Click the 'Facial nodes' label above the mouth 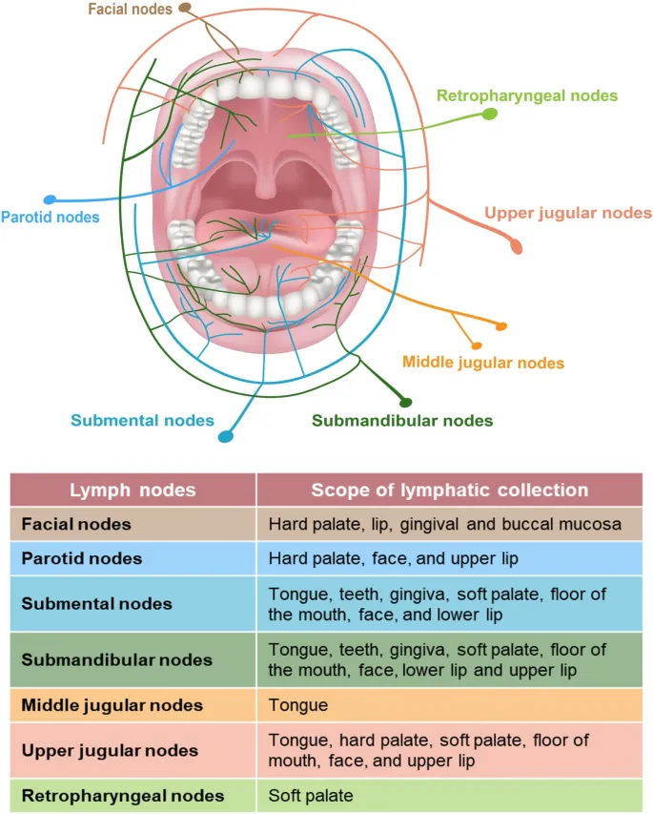click(130, 10)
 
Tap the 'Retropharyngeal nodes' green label click(526, 95)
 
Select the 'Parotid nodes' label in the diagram click(50, 218)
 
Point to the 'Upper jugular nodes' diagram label click(568, 213)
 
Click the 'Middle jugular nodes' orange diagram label click(483, 363)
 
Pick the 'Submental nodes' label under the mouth click(142, 421)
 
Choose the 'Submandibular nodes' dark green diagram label click(402, 421)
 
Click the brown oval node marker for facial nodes click(184, 9)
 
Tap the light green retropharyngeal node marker click(489, 115)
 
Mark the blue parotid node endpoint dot click(50, 200)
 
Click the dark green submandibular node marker click(405, 401)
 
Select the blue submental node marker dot click(226, 437)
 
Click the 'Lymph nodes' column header click(133, 490)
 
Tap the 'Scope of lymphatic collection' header click(449, 490)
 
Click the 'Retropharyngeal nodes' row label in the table click(123, 795)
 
